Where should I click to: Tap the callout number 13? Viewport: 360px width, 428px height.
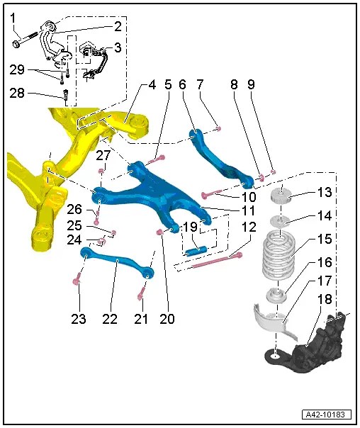coord(324,192)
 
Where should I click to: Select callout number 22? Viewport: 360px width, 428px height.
coord(108,319)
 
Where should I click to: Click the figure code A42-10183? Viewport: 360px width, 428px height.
coord(327,414)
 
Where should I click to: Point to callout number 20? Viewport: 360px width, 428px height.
coord(167,319)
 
